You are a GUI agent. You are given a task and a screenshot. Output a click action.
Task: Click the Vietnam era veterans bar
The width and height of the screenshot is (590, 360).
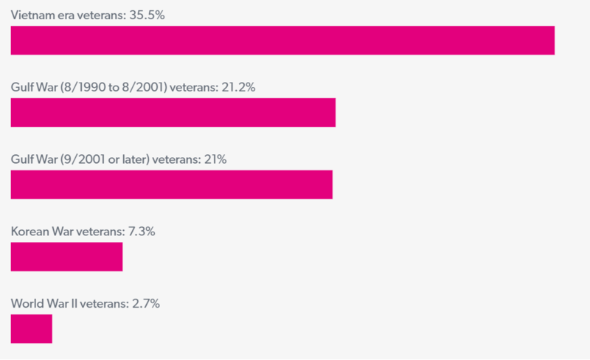282,41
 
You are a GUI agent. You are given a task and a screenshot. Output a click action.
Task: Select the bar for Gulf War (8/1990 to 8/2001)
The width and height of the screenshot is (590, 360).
173,113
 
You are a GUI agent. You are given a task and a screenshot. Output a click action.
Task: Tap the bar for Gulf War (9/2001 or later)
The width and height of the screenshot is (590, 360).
172,184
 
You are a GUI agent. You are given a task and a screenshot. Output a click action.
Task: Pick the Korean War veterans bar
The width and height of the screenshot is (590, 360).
66,257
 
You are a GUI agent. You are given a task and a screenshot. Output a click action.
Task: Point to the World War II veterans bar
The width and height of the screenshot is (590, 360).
32,329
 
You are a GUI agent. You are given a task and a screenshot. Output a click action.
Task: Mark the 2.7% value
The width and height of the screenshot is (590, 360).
145,303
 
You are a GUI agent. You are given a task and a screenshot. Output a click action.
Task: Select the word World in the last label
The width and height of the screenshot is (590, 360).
26,303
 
